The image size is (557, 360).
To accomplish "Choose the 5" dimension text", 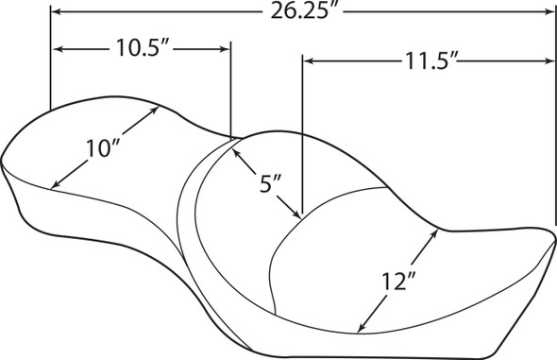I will (271, 184).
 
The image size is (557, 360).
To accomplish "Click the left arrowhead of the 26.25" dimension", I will (55, 12).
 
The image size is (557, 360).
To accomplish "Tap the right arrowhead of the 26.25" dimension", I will (550, 12).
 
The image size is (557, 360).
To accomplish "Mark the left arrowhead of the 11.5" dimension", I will (307, 61).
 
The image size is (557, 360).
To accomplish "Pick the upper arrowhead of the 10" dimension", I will (155, 110).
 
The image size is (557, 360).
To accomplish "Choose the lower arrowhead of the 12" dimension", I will (359, 330).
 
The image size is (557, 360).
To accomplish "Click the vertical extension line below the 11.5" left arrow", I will (302, 142).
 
